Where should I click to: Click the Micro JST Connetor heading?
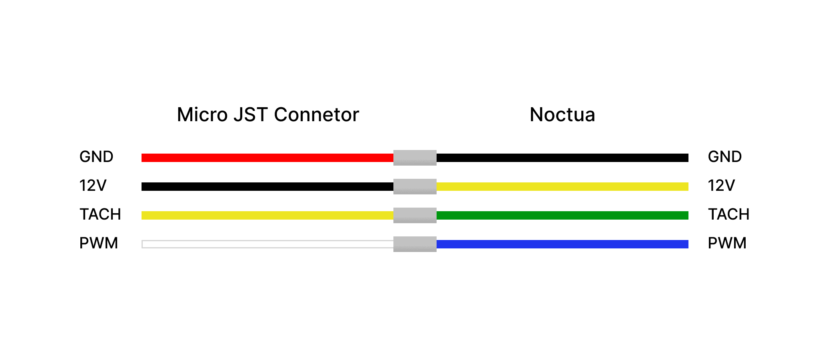click(x=268, y=115)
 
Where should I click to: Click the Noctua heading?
click(x=562, y=115)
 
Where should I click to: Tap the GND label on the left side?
click(x=96, y=157)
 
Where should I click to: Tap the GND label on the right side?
click(x=724, y=157)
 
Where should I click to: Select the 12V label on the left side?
click(x=93, y=186)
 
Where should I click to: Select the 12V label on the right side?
click(x=721, y=186)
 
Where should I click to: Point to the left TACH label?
click(x=100, y=214)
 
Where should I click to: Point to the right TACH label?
click(x=728, y=214)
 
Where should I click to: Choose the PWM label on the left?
click(x=99, y=243)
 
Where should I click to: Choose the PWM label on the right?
click(x=727, y=243)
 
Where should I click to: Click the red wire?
click(x=267, y=158)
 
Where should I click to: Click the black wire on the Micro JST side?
click(x=267, y=186)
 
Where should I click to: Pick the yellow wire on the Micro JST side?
click(x=267, y=215)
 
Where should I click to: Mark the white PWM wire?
click(x=267, y=244)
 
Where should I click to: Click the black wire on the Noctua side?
click(x=562, y=158)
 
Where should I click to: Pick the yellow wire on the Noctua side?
click(x=562, y=186)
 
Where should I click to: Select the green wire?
click(x=562, y=215)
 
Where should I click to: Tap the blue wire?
click(x=562, y=244)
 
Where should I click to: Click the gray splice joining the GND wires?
click(x=415, y=158)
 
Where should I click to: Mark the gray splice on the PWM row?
click(x=415, y=244)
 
